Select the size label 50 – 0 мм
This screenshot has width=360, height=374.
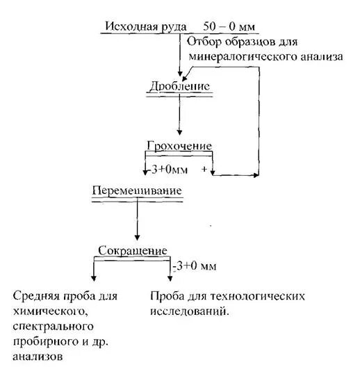pos(229,26)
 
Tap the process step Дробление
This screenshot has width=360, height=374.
pos(179,86)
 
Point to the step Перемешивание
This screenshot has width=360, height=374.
pos(137,190)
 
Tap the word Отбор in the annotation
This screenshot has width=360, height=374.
pos(203,42)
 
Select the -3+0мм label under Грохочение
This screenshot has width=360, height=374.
pos(163,169)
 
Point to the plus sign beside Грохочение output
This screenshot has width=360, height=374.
pos(204,169)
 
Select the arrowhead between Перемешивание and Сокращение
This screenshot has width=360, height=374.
pos(137,237)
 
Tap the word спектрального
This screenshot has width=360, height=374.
pos(52,326)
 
